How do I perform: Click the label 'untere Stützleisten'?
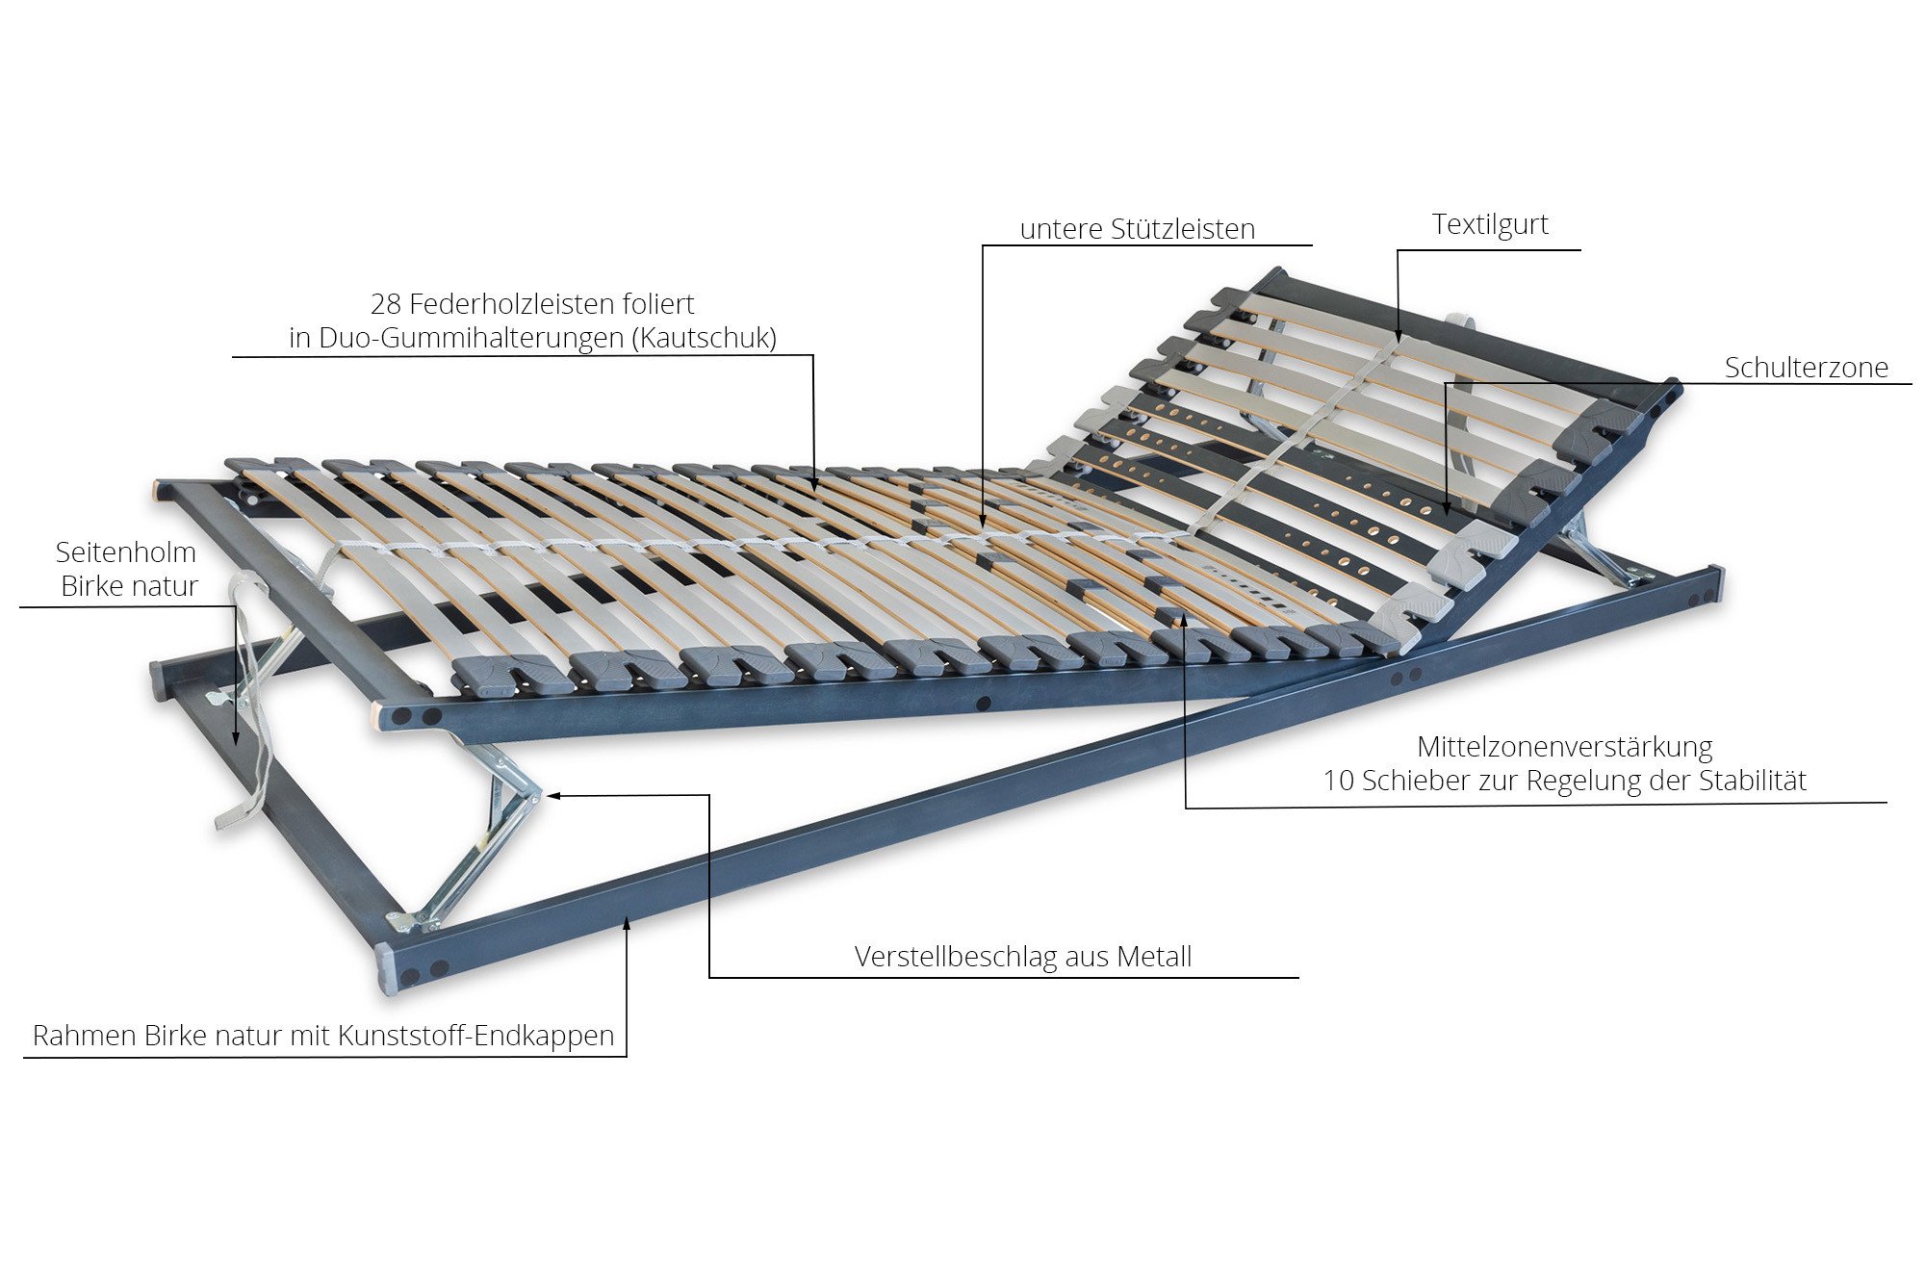coord(1137,229)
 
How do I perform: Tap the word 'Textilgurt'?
coord(1490,224)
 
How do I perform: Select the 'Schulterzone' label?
coord(1806,367)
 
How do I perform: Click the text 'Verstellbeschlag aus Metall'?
coord(1023,957)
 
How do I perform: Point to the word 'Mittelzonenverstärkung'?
coord(1565,747)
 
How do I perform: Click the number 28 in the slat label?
coord(386,304)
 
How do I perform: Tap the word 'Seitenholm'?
coord(126,552)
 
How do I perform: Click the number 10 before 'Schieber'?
coord(1339,781)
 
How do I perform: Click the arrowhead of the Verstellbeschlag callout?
coord(552,796)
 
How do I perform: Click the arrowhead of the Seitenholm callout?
coord(236,736)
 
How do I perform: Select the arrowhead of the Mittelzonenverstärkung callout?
coord(1185,620)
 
